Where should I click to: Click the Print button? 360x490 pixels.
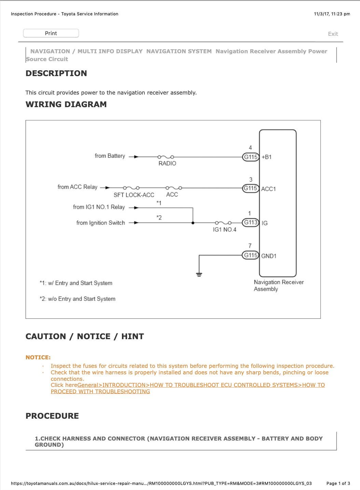click(51, 33)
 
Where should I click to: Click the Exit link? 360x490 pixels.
click(333, 34)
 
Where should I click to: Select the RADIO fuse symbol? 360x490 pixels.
click(166, 157)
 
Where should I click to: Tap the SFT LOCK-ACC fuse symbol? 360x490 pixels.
click(131, 188)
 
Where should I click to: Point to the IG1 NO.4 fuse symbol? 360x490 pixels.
click(223, 223)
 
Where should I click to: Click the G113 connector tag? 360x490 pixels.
click(250, 222)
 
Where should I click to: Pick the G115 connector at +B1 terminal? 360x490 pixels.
click(250, 157)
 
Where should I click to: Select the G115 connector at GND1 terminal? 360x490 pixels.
click(250, 255)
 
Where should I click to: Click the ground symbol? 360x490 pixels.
click(199, 274)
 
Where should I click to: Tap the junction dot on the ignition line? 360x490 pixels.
click(193, 223)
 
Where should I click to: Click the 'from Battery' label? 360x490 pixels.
click(110, 156)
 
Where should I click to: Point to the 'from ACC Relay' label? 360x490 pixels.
click(78, 187)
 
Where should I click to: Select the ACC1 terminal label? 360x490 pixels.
click(268, 189)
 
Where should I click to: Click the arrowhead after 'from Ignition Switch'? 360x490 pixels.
click(136, 223)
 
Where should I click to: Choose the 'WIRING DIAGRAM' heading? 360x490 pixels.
click(66, 104)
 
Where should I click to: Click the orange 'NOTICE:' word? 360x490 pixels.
click(38, 357)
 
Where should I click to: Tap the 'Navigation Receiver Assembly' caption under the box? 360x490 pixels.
click(278, 285)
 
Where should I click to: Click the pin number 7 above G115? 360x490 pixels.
click(250, 246)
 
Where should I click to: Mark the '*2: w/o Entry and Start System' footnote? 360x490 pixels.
click(78, 299)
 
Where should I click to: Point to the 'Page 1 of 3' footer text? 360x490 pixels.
click(338, 483)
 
